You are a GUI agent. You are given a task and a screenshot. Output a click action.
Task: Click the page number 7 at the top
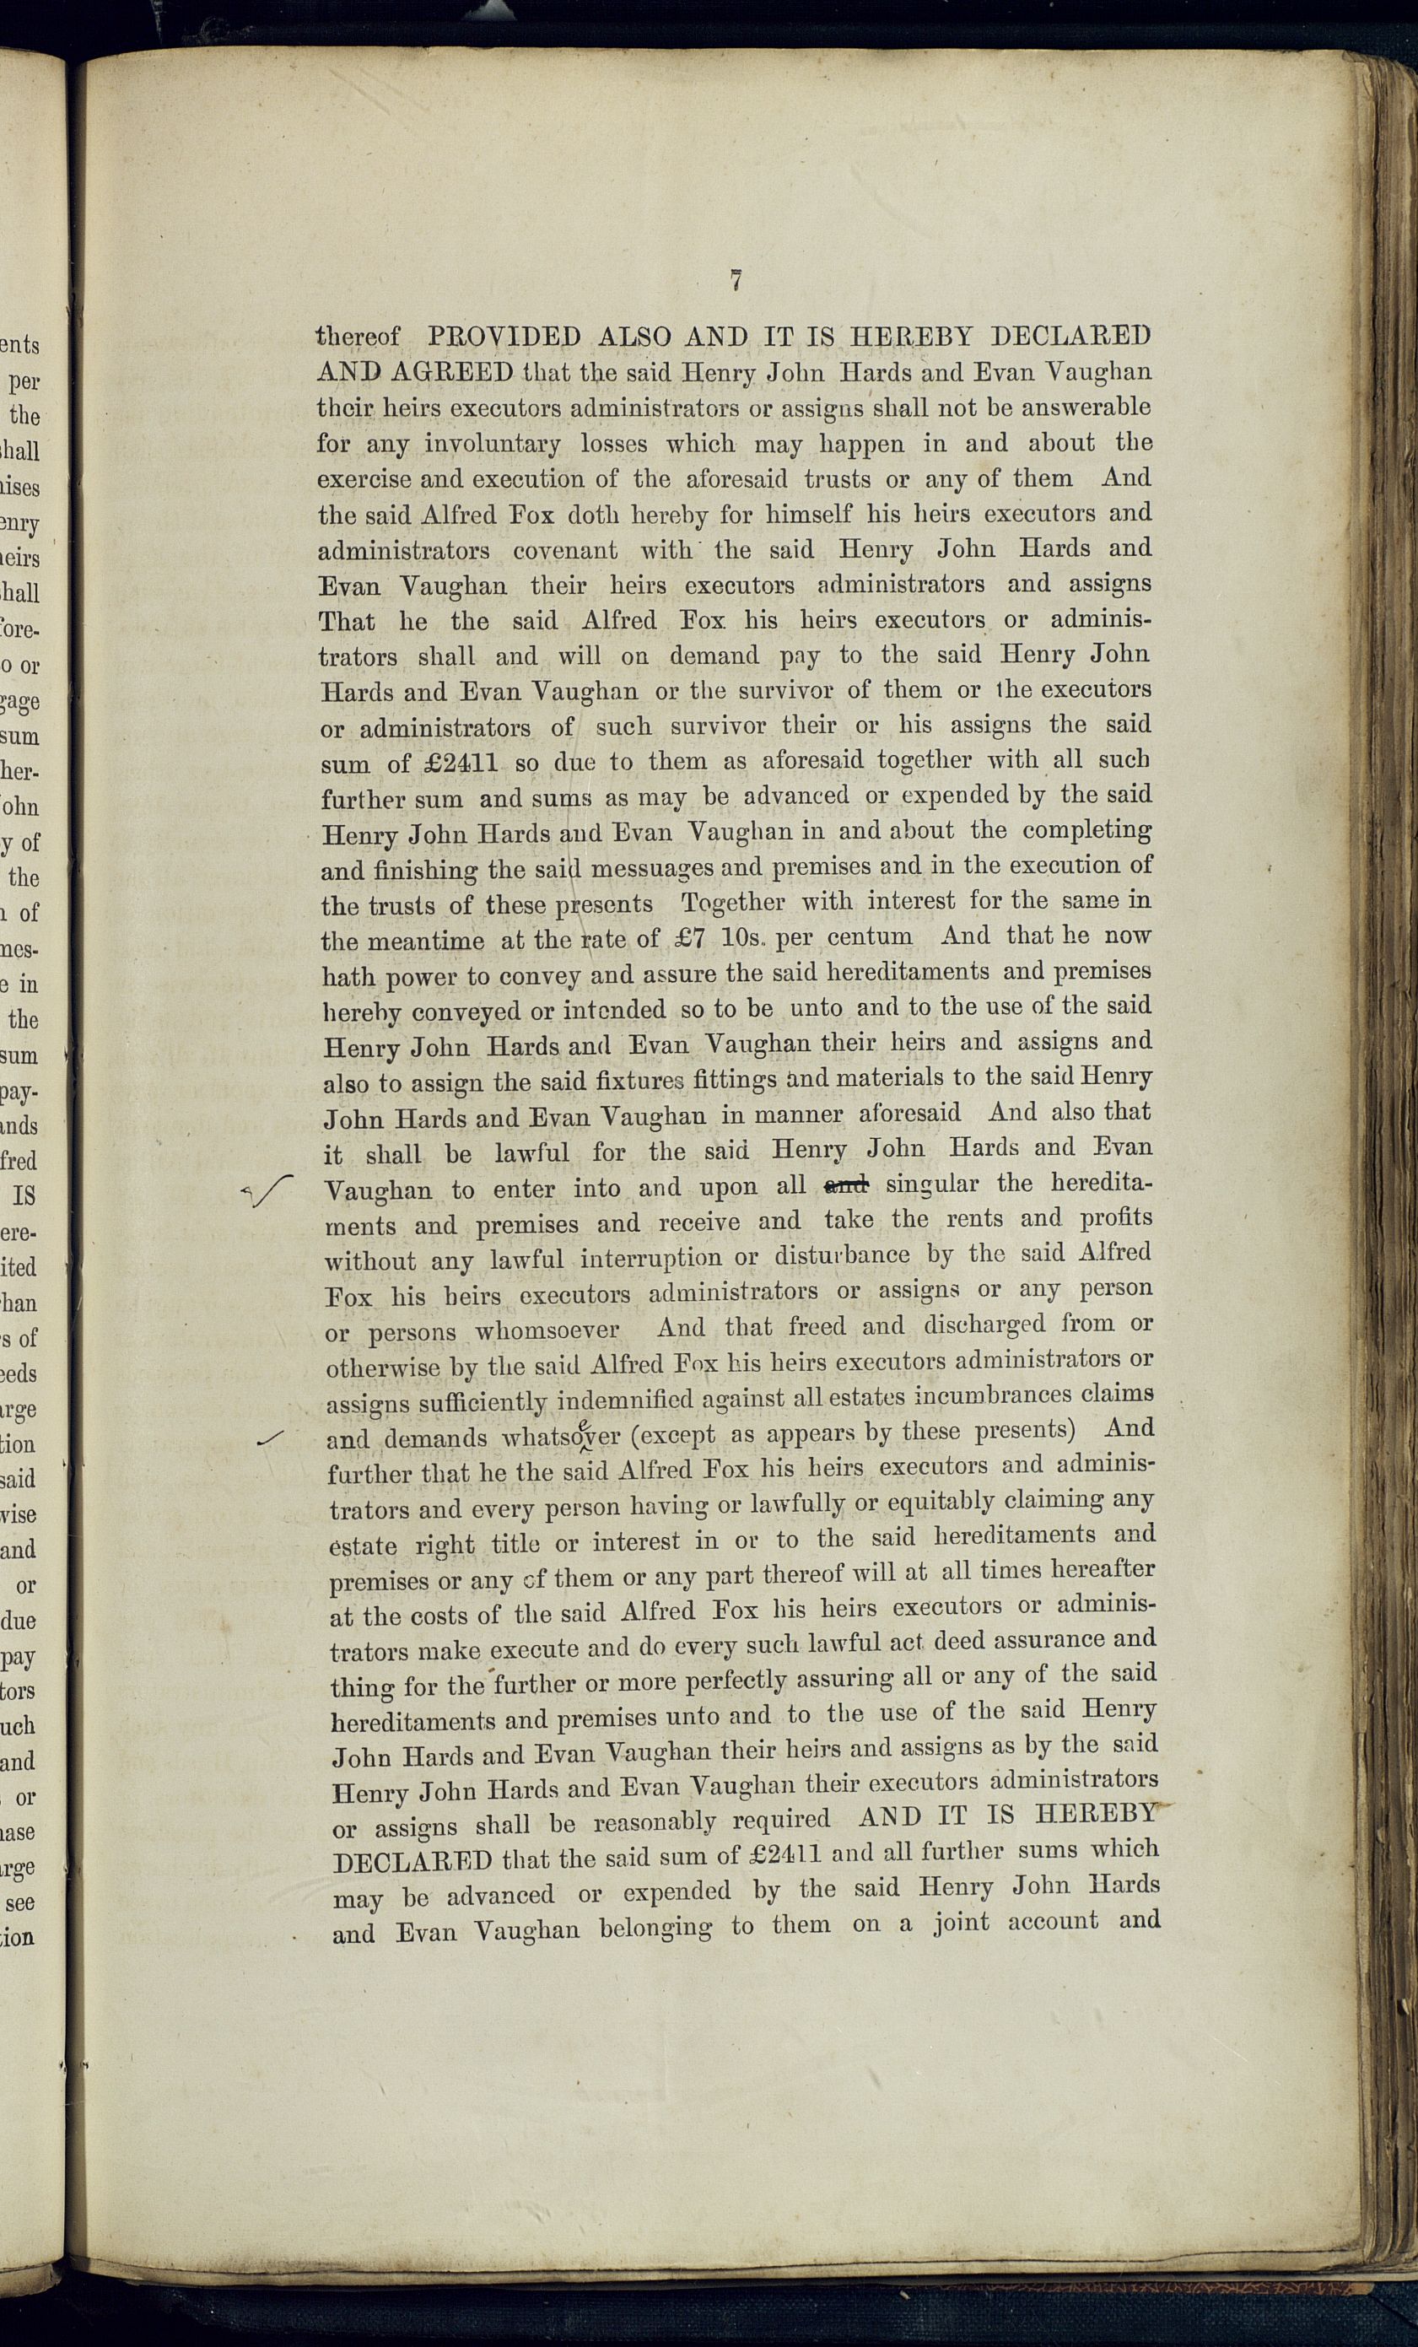[736, 281]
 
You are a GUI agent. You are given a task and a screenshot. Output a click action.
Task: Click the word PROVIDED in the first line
[504, 337]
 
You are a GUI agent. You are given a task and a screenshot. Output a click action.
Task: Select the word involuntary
[492, 444]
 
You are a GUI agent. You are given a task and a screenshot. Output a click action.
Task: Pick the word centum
[869, 936]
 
